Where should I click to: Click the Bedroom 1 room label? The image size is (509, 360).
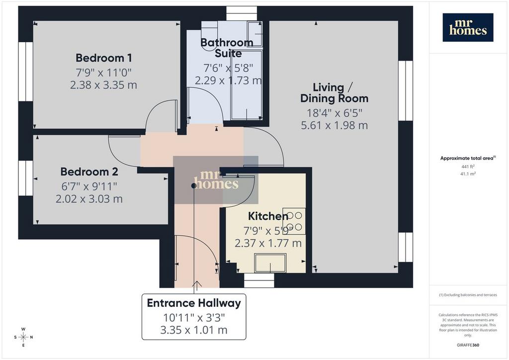click(x=103, y=58)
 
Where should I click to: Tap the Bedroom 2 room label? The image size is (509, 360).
click(x=89, y=172)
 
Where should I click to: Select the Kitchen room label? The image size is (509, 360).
click(x=268, y=216)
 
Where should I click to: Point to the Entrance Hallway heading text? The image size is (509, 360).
click(x=194, y=303)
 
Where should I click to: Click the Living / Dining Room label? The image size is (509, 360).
click(x=334, y=92)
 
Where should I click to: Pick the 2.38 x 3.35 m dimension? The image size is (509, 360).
click(x=103, y=85)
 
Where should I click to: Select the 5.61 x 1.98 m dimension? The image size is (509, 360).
click(x=335, y=125)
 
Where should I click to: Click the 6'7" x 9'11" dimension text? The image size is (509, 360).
click(x=89, y=186)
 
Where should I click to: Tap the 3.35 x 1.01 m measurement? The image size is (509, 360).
click(x=194, y=330)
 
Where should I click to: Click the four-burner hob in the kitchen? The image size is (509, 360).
click(x=294, y=221)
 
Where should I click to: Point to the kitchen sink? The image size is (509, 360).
click(x=270, y=263)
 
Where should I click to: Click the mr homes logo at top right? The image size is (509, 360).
click(x=468, y=27)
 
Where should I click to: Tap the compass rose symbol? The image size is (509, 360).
click(x=23, y=337)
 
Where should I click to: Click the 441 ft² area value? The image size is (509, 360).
click(x=468, y=167)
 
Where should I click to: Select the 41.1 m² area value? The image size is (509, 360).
click(x=468, y=174)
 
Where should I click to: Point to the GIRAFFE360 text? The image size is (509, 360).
click(x=468, y=345)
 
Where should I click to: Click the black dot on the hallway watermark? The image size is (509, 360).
click(x=194, y=185)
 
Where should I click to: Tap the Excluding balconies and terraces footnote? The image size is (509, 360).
click(x=468, y=295)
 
